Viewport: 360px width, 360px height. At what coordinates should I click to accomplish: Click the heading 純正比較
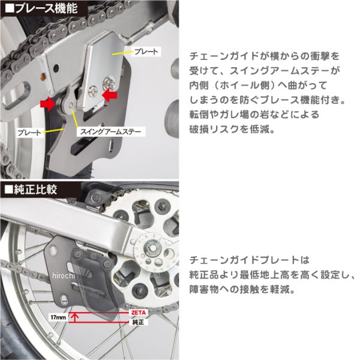31,190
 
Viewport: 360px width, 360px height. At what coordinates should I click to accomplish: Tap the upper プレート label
146,52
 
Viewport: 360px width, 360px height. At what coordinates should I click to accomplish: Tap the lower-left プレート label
29,133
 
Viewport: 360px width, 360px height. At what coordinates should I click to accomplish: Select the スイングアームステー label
110,131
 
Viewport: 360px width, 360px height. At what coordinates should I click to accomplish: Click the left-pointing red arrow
110,95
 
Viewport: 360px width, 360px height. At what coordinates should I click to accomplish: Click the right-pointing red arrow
48,104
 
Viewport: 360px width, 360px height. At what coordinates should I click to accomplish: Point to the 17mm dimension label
58,317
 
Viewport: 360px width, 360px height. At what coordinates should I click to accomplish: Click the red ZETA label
139,313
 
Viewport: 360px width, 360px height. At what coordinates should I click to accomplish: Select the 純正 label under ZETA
138,322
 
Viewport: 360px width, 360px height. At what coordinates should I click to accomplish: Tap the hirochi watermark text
64,275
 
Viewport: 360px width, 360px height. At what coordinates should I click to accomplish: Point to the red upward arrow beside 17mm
74,317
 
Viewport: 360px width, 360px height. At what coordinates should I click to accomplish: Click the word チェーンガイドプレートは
250,260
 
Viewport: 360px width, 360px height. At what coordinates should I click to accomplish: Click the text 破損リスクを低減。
232,129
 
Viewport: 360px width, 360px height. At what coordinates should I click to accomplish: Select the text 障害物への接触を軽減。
242,289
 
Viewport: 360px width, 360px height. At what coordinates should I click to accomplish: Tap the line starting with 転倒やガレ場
254,115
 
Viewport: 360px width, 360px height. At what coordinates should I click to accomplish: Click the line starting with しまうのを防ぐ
268,100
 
